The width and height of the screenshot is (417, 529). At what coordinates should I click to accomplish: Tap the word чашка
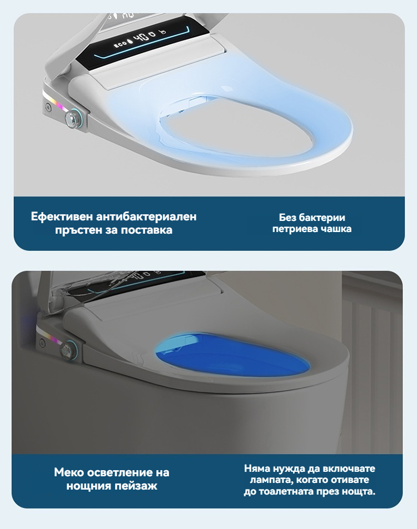pos(335,229)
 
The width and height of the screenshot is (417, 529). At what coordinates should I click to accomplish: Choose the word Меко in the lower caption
pos(68,472)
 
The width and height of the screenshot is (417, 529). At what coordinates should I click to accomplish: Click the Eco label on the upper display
pos(120,44)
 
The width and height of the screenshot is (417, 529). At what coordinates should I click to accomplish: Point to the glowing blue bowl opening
pos(232,354)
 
